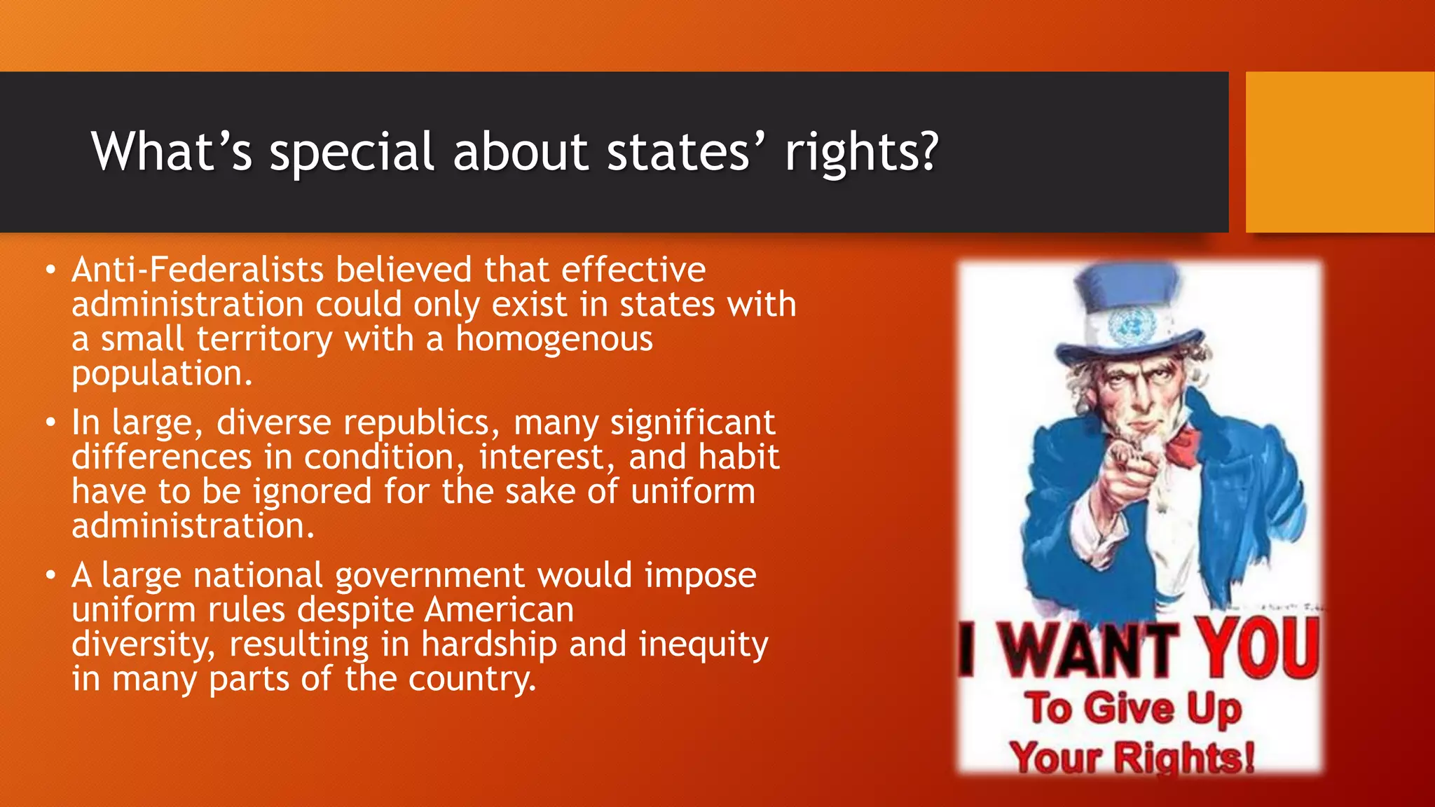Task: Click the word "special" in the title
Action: click(352, 152)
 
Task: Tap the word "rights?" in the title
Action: click(861, 152)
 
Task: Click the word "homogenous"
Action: click(554, 339)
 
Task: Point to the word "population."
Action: click(162, 373)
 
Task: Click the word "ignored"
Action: click(312, 492)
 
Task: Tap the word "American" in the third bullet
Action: click(499, 609)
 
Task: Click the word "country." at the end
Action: click(472, 679)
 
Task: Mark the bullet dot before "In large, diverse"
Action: click(50, 423)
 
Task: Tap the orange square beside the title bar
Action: click(1340, 152)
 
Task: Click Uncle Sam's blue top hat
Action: click(1129, 308)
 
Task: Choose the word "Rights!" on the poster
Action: click(1183, 758)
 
